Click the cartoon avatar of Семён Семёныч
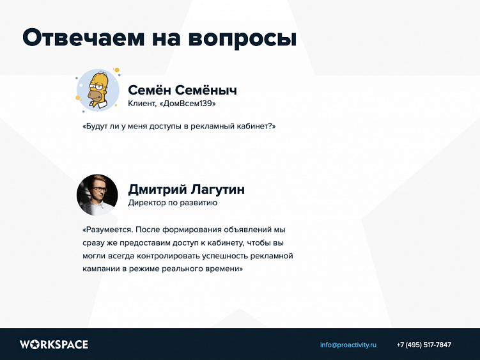(98, 90)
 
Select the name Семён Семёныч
(182, 90)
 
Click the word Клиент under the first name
(142, 104)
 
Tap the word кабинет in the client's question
(252, 127)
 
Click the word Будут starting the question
(97, 127)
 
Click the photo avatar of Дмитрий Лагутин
(97, 194)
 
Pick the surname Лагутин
(217, 190)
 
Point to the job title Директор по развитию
(173, 203)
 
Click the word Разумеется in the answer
(108, 229)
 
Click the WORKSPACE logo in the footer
(54, 345)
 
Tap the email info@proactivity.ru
(348, 345)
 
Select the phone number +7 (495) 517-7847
(424, 345)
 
